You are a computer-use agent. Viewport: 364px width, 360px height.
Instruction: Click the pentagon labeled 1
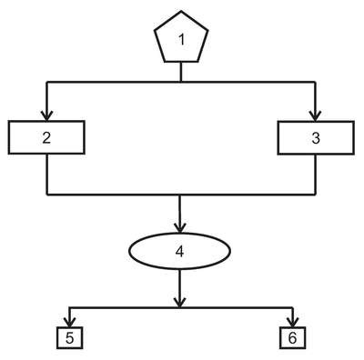coord(181,38)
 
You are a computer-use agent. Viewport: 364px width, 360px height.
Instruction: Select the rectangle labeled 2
coord(46,137)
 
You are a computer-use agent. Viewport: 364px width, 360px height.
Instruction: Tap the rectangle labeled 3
coord(316,138)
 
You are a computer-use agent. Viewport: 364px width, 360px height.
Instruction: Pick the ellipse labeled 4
coord(180,251)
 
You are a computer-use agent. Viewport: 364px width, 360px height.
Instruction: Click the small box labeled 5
coord(70,337)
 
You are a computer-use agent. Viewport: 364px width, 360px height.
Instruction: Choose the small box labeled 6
coord(292,337)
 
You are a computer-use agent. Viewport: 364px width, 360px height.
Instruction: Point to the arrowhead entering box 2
coord(46,116)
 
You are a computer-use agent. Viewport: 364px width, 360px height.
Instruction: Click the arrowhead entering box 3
coord(316,116)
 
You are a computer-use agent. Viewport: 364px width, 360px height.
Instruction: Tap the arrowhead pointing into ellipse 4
coord(180,228)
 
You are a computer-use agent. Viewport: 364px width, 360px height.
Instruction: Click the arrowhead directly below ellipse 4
coord(180,302)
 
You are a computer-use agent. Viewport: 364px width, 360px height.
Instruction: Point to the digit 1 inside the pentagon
coord(182,40)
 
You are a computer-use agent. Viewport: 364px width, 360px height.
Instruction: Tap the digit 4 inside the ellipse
coord(180,252)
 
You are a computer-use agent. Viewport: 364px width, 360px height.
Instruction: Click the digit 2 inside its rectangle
coord(46,138)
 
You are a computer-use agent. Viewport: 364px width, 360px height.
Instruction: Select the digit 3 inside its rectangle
coord(316,138)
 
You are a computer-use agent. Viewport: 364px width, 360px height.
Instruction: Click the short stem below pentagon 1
coord(181,72)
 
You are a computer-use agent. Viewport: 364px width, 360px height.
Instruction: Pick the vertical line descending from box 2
coord(47,174)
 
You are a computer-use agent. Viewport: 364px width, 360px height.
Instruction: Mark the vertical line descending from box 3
coord(316,175)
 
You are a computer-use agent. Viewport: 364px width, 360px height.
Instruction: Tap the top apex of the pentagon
coord(181,12)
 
